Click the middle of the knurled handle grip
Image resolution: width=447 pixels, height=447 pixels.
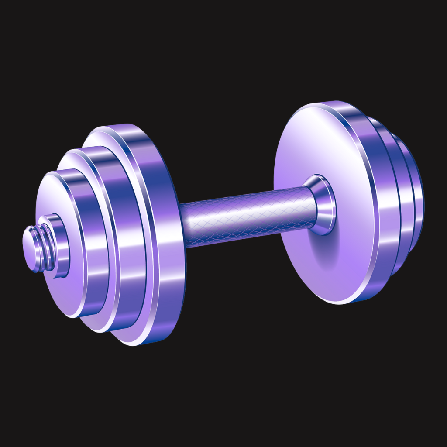pos(244,216)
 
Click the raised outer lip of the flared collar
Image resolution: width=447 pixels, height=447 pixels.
pos(332,205)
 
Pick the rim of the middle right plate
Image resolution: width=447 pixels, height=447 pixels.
pos(399,196)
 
